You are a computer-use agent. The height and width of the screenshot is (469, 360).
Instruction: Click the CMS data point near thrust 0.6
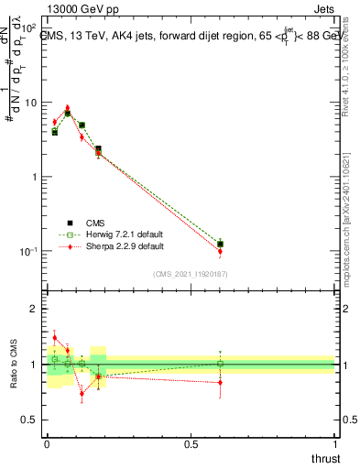[220, 244]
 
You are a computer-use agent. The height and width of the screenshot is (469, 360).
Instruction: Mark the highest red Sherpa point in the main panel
[68, 108]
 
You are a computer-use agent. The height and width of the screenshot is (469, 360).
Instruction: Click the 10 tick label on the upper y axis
[29, 103]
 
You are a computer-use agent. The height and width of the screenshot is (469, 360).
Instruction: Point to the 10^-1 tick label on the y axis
[27, 251]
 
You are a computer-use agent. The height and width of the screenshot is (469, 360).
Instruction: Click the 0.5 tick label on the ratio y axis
[29, 420]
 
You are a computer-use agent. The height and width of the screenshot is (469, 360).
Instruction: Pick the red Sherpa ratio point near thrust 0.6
[220, 382]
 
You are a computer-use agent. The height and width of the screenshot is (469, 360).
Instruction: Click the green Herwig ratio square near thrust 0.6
[220, 364]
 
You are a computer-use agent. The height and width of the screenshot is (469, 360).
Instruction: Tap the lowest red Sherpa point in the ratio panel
[82, 394]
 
